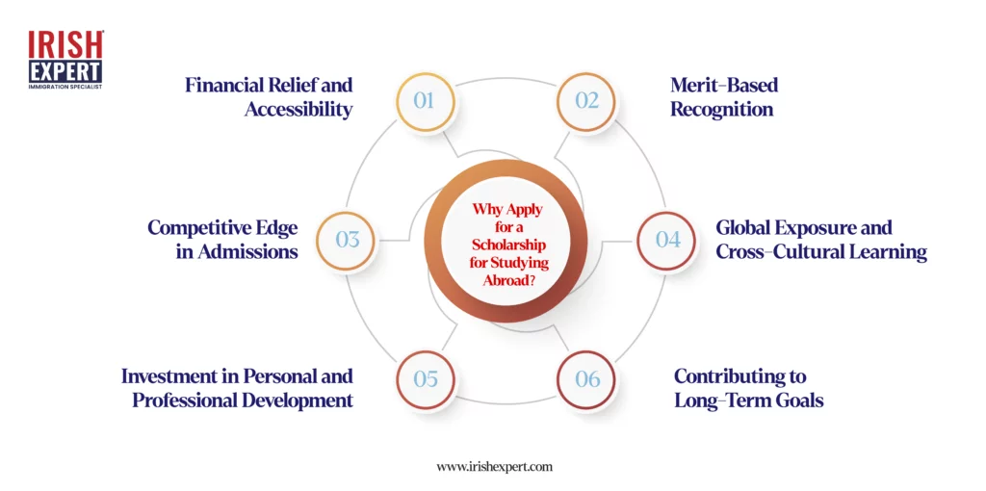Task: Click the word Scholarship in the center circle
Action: coord(506,244)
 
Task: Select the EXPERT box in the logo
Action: coord(65,71)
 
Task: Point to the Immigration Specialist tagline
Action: coord(65,86)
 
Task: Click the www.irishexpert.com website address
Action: coord(494,467)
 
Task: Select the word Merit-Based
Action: coord(724,85)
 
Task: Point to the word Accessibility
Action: coord(298,110)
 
